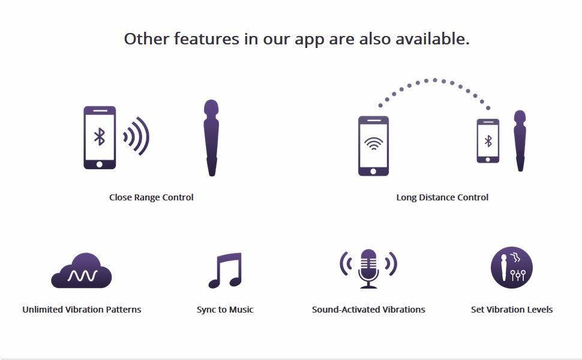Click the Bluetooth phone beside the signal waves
(100, 137)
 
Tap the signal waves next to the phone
(137, 136)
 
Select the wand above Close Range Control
(212, 137)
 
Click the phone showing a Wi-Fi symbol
(373, 146)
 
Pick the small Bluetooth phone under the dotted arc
(488, 141)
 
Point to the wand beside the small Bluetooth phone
(520, 140)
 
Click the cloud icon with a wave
(82, 271)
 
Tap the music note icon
(226, 271)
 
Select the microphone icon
(368, 269)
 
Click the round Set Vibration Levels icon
(511, 268)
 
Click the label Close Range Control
(151, 197)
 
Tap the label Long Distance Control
(442, 197)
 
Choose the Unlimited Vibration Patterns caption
(82, 310)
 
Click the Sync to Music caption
(226, 310)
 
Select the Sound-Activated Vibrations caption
(368, 310)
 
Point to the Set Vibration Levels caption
(512, 310)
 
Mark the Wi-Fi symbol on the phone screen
(373, 143)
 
